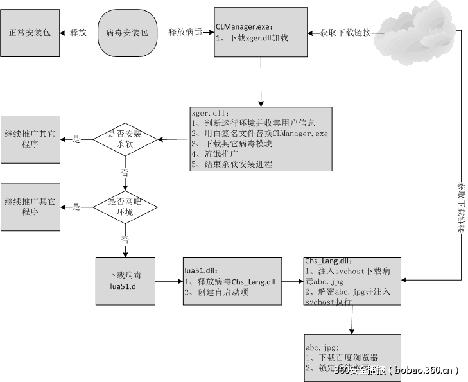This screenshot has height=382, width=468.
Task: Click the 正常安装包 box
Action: pos(30,32)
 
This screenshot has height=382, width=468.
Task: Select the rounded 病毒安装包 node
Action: pos(127,32)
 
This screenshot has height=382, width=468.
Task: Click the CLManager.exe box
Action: pos(261,33)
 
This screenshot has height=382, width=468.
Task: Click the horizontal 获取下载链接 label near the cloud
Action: pos(345,32)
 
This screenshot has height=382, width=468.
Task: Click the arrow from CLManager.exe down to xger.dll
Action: pos(261,84)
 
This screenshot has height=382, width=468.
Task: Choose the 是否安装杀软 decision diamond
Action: pos(126,139)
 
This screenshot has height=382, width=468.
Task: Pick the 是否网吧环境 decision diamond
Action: pos(126,206)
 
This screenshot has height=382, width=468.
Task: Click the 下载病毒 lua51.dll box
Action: pos(125,281)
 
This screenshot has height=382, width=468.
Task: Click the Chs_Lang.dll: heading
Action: pos(327,261)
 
